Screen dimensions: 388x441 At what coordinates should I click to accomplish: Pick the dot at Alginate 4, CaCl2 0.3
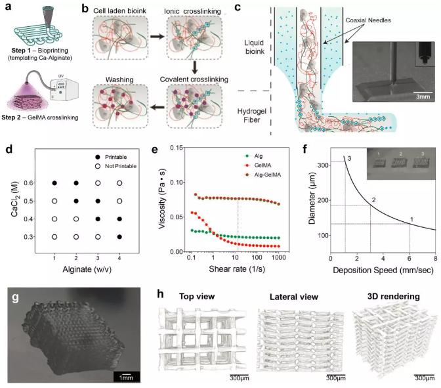click(x=119, y=236)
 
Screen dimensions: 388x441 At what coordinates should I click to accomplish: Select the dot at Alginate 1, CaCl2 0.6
click(x=55, y=183)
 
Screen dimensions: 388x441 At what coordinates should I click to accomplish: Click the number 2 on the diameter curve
click(x=373, y=200)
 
